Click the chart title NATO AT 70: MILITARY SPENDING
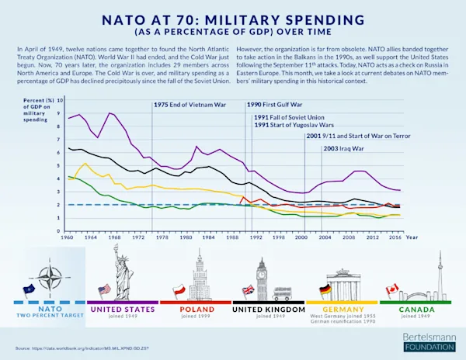coord(234,16)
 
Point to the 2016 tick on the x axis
coord(395,237)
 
